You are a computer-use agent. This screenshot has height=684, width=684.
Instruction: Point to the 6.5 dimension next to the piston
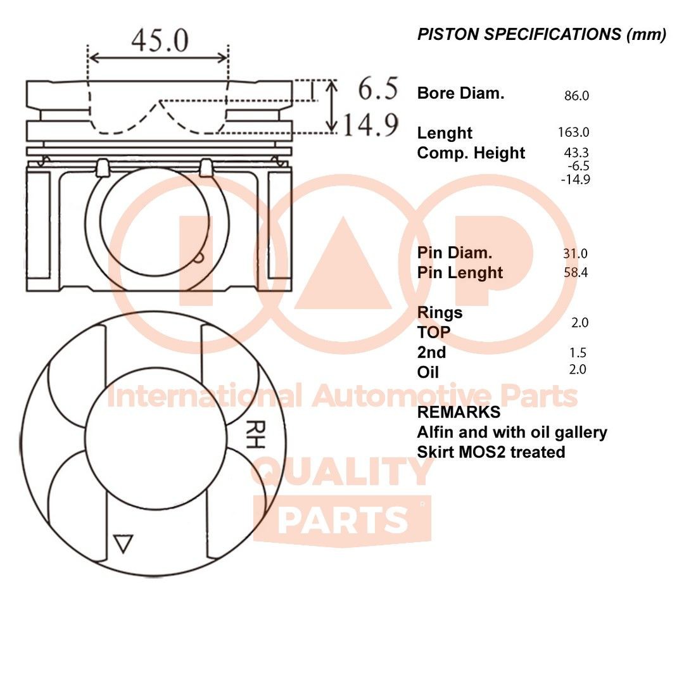[x=378, y=89]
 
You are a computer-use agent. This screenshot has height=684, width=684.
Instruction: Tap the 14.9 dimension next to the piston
[x=371, y=125]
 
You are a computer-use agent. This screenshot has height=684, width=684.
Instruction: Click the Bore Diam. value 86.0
[x=576, y=96]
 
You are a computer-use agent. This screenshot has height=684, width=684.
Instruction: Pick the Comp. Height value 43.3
[x=576, y=153]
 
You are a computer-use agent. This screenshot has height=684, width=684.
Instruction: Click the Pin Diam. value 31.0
[x=575, y=253]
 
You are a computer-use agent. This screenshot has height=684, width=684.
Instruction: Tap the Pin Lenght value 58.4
[x=575, y=273]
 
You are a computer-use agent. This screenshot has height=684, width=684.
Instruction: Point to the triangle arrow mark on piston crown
[x=123, y=543]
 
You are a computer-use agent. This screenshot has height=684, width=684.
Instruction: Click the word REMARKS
[x=459, y=412]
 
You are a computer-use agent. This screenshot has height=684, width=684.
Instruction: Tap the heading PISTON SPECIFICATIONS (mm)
[x=541, y=35]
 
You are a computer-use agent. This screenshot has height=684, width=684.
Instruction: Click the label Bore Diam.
[x=460, y=94]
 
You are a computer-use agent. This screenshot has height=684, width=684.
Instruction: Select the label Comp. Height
[x=471, y=153]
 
